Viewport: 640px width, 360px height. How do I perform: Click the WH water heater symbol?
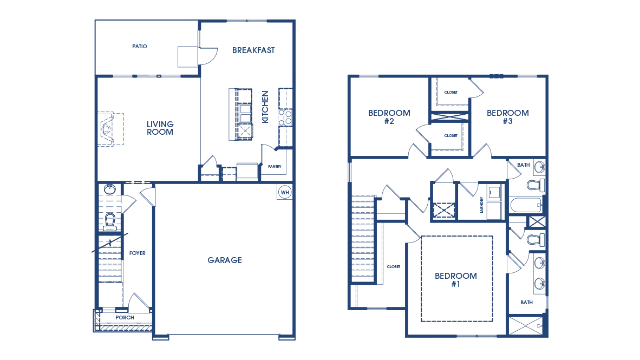pos(285,192)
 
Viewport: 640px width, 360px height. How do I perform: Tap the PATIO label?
pos(140,47)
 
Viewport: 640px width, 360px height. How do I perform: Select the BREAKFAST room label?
pos(253,50)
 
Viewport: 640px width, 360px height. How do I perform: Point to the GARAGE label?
pos(225,260)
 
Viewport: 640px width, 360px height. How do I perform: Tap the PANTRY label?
pos(275,167)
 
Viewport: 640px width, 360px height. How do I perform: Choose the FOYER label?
pos(137,253)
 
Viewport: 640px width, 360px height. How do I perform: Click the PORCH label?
pos(125,318)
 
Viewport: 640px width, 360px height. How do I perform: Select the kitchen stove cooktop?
pos(285,118)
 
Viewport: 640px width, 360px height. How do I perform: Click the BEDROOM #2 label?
pos(389,117)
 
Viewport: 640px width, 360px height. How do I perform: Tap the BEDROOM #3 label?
pos(507,117)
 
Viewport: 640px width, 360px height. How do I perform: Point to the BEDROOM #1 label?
pos(456,279)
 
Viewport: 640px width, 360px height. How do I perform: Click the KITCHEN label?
pos(265,107)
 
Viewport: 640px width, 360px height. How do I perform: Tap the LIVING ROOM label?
pos(160,128)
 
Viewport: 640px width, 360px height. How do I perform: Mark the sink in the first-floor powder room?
pos(110,189)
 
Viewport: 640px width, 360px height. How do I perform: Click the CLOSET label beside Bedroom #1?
pos(393,266)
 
